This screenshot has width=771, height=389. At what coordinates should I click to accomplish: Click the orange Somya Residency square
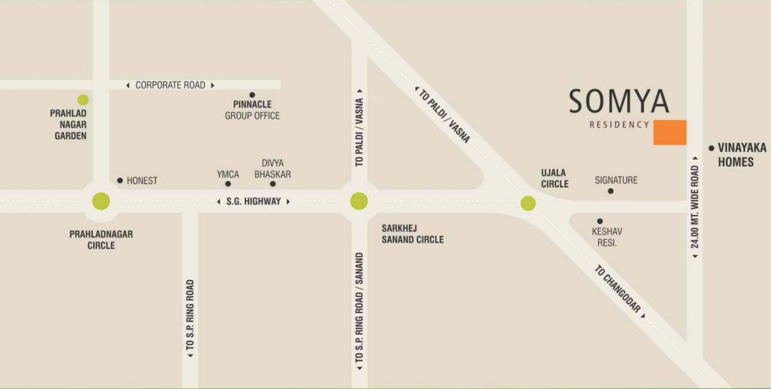669,132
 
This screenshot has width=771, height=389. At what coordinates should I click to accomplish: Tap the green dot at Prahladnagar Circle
101,201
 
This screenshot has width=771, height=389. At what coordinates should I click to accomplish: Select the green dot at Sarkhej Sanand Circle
359,201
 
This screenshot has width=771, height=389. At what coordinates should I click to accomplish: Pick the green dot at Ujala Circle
528,203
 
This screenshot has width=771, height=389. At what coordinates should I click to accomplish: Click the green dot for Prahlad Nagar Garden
83,100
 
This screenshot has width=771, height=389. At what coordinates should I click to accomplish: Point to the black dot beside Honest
120,181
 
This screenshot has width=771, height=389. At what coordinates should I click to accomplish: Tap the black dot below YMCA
228,184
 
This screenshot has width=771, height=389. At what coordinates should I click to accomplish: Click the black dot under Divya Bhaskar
273,184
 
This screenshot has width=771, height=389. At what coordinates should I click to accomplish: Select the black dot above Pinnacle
252,95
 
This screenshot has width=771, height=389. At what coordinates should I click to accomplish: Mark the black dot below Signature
611,191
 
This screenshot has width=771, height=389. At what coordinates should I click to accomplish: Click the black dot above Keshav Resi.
600,221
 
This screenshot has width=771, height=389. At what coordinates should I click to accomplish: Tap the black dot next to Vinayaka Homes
711,148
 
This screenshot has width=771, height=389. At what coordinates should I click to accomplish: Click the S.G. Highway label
253,201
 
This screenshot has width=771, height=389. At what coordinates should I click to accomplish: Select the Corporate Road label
170,85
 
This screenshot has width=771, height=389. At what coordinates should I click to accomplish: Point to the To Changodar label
618,290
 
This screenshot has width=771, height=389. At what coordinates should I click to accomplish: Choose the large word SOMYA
619,102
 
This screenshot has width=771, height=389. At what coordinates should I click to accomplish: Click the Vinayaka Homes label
736,155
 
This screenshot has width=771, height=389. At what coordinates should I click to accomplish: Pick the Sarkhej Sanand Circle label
412,234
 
